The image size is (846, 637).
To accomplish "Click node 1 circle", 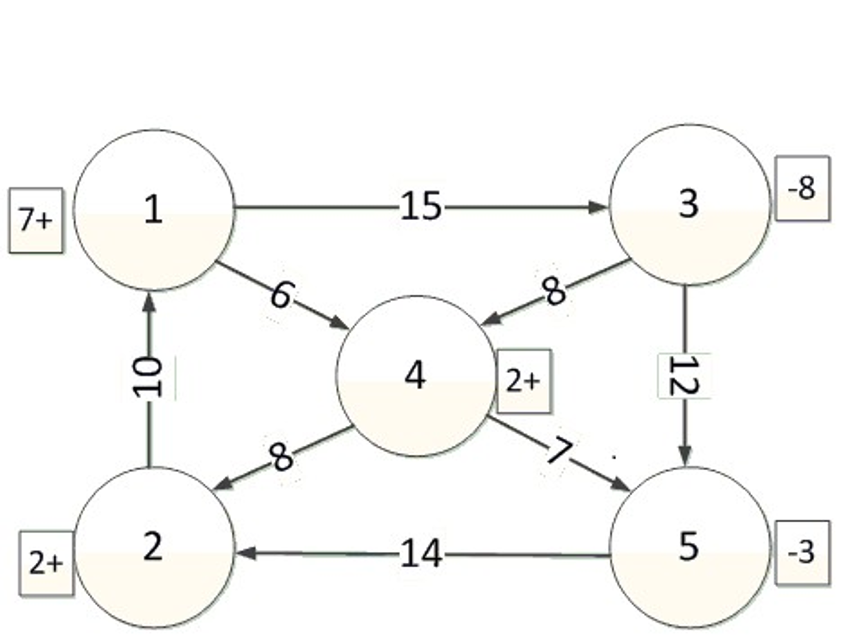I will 153,210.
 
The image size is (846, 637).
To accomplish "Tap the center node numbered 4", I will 416,375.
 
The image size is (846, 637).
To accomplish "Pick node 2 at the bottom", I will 153,546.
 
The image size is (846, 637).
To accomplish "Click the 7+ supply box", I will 36,220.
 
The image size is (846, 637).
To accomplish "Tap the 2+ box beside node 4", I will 523,381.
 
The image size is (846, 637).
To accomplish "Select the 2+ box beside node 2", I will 46,563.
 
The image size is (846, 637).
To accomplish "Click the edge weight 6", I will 283,295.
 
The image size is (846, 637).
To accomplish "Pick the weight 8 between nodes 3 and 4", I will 554,291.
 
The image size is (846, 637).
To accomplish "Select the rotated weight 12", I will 684,375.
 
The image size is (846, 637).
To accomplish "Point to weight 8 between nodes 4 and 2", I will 281,457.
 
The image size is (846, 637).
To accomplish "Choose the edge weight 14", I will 421,553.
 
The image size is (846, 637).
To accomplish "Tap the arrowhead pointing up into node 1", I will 149,303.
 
